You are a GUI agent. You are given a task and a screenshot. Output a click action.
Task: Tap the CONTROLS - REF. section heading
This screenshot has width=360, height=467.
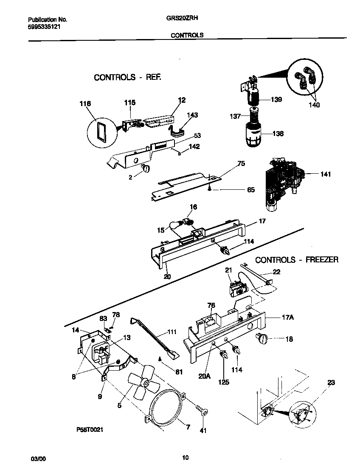tap(127, 77)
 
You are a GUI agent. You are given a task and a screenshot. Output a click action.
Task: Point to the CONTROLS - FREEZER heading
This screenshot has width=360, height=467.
tap(297, 260)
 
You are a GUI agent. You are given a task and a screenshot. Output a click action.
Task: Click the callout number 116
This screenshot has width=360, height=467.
tap(85, 103)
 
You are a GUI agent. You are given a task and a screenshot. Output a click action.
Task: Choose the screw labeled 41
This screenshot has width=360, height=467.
tap(202, 411)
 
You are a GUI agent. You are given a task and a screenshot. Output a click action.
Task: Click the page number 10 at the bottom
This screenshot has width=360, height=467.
tap(185, 458)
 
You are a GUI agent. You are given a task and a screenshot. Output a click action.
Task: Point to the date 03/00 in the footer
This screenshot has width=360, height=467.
tap(38, 459)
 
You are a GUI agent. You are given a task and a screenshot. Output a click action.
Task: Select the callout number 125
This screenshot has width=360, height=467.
tap(223, 382)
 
